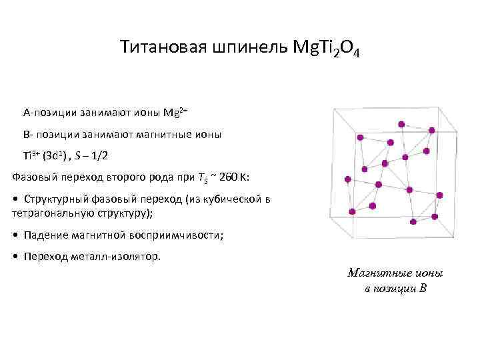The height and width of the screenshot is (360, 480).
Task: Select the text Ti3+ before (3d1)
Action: click(31, 157)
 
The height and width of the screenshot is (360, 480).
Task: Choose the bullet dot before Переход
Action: click(15, 256)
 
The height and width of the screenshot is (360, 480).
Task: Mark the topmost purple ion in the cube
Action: click(401, 124)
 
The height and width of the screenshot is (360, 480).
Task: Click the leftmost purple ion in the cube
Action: click(347, 179)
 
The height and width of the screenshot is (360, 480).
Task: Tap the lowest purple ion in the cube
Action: click(414, 221)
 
